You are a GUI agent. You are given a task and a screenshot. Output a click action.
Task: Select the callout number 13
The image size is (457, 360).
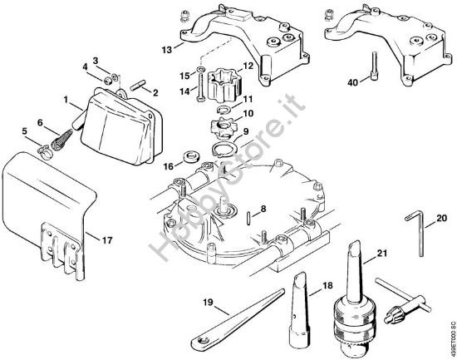pos(167,50)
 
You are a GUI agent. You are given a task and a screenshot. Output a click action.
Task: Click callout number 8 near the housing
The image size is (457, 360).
pos(263,209)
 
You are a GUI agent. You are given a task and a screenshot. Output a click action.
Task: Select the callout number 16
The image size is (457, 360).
pos(169,166)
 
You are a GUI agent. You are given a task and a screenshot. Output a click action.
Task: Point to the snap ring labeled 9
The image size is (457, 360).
pos(229,150)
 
